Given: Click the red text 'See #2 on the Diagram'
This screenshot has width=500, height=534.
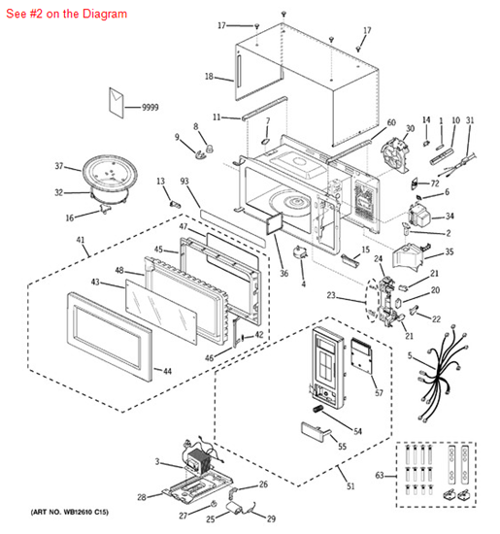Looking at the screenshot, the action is [66, 14].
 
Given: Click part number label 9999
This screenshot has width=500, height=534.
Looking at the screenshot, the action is [150, 107].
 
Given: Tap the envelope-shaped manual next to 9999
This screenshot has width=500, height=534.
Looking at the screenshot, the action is [117, 103].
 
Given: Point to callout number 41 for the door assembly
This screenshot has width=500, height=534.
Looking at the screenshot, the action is [81, 240].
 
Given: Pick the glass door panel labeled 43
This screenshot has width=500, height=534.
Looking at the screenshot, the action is [161, 312].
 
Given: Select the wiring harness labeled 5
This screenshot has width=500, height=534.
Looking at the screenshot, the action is [442, 373].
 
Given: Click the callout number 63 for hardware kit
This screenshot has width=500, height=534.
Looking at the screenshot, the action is [380, 475].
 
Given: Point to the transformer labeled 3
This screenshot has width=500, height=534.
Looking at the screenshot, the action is [200, 460].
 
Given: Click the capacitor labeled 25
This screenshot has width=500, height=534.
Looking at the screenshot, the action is [234, 508].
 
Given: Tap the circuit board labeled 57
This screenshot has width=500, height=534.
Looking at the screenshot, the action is [363, 356].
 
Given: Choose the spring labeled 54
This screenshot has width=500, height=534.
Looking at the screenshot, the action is [317, 409].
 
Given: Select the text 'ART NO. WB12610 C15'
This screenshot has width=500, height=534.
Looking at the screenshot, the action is [70, 512].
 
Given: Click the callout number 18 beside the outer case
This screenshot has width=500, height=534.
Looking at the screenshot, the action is [209, 77].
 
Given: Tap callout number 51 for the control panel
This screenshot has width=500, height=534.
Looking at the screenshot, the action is [350, 486].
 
